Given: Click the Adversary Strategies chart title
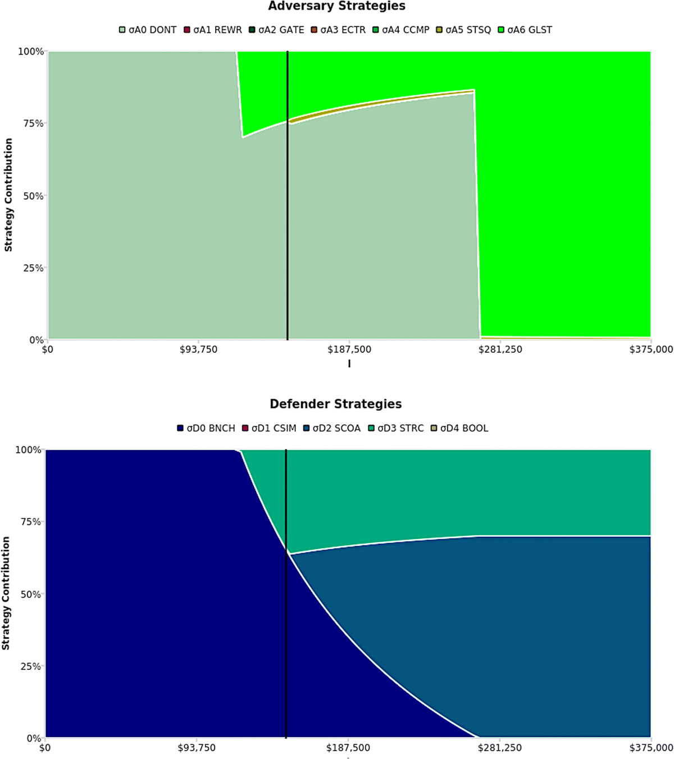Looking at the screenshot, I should point(336,7).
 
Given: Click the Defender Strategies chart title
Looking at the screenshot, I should point(336,404).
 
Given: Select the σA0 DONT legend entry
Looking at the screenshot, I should point(148,30).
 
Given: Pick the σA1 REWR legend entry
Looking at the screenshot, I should point(213,30).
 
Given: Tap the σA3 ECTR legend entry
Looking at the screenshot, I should point(339,30).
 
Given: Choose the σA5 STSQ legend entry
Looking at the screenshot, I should point(463,30).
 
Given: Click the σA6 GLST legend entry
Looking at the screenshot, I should point(525,30).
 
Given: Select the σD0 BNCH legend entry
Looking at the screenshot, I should point(206,429).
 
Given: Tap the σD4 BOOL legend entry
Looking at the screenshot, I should point(459,429).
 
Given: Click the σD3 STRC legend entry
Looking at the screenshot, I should point(396,429).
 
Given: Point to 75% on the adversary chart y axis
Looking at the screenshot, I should point(33,123).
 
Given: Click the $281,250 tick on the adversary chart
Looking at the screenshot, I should point(500,349).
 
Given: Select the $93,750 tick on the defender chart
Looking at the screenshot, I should point(197,748).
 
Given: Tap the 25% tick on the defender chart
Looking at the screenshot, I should point(31,666).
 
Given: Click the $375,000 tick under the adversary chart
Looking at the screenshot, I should point(651,349).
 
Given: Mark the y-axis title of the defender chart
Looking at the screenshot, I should point(6,594).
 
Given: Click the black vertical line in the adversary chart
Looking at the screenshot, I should point(288,224).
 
